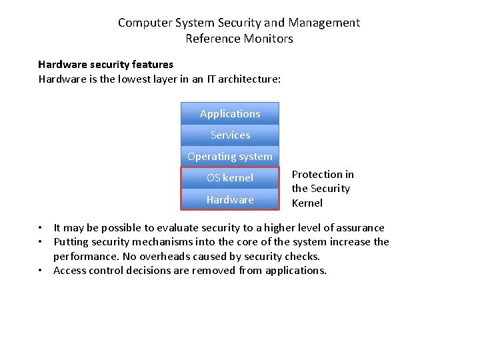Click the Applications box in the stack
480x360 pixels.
point(230,114)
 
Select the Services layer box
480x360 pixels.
point(230,135)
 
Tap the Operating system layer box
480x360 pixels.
point(230,157)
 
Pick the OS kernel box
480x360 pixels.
point(230,178)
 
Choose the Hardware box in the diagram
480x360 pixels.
point(230,199)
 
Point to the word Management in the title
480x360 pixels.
point(324,23)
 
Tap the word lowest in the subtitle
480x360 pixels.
point(137,79)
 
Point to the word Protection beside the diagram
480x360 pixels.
point(323,175)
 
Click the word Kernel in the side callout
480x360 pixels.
point(307,203)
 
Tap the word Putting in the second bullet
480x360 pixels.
point(71,242)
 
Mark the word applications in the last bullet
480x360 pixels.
point(295,271)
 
